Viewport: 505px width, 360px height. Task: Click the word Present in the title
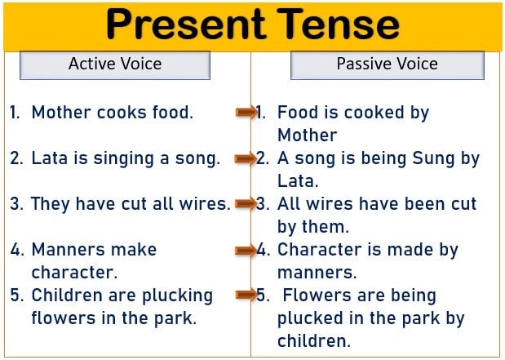186,24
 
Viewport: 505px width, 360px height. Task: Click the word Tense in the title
339,24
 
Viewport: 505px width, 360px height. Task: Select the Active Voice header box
115,65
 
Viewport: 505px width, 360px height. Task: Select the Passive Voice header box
388,65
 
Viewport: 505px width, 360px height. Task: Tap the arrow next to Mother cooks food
246,112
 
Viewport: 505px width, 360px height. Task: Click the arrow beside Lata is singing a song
246,158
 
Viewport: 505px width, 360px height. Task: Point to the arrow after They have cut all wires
246,204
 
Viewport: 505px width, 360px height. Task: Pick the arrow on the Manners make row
246,250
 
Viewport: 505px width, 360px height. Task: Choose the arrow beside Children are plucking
246,295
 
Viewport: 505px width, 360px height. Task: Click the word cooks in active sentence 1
122,113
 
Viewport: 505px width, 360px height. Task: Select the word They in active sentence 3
51,205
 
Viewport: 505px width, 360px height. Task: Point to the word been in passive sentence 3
421,204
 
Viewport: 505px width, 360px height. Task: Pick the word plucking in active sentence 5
178,296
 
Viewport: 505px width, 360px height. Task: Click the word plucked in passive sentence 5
310,318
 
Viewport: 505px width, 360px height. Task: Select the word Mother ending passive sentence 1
308,135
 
